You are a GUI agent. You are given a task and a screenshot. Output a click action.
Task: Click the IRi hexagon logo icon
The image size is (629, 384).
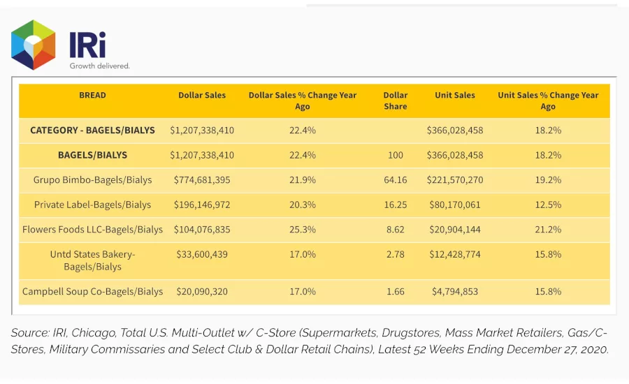click(x=34, y=45)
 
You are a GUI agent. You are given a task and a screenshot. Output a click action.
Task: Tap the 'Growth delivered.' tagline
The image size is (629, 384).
click(x=99, y=66)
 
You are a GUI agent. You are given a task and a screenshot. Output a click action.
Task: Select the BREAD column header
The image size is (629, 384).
click(x=92, y=95)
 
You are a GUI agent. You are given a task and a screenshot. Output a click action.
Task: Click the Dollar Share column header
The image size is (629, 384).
click(x=395, y=101)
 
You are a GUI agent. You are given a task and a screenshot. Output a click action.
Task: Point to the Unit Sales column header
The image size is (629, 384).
click(x=455, y=95)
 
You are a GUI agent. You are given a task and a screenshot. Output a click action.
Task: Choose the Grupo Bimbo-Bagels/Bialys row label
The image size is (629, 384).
click(x=92, y=180)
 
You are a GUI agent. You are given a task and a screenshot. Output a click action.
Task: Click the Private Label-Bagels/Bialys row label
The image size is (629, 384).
click(x=92, y=205)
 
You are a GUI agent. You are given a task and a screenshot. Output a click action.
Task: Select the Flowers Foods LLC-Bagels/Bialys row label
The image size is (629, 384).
click(x=92, y=230)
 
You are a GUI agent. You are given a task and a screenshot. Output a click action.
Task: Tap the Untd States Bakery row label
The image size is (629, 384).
click(x=92, y=260)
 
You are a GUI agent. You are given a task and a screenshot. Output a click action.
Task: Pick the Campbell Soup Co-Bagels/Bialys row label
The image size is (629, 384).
click(x=92, y=291)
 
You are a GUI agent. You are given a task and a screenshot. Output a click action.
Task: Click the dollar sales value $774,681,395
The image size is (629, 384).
click(x=202, y=180)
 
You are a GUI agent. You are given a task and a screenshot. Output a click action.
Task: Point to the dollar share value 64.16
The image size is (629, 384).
click(x=395, y=180)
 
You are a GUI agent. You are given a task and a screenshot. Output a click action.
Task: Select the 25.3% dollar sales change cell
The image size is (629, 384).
click(x=303, y=230)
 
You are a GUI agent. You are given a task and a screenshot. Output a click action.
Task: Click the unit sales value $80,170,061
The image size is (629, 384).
click(x=455, y=205)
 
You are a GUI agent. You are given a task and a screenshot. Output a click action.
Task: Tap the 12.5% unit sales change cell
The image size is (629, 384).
click(x=548, y=205)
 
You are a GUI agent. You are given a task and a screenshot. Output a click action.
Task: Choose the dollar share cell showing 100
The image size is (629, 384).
click(x=395, y=155)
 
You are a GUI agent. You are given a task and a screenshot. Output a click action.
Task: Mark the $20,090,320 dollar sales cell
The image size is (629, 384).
click(x=202, y=291)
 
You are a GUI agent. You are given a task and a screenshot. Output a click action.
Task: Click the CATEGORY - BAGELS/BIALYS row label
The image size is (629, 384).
click(x=92, y=131)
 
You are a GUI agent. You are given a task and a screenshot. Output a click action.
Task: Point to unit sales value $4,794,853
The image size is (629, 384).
click(x=455, y=291)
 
